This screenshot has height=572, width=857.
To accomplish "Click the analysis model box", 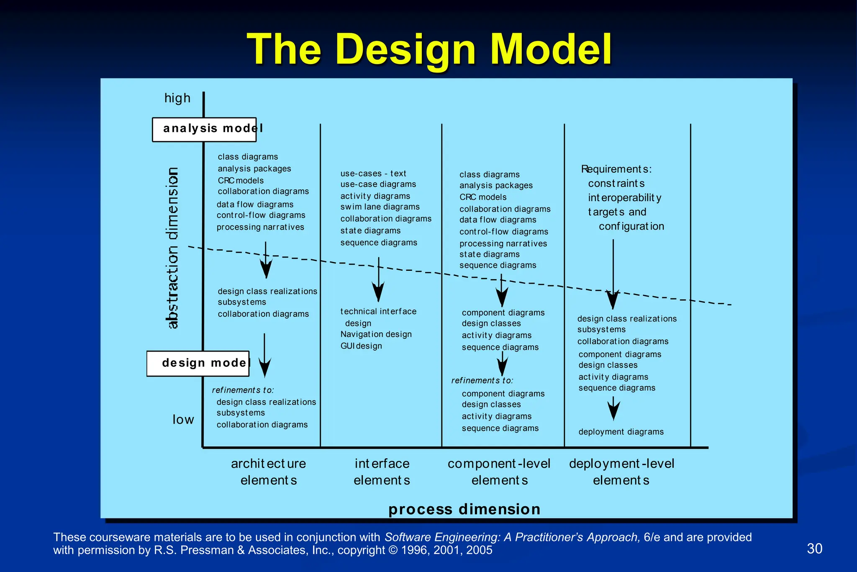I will (204, 129).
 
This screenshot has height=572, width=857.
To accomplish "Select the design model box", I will (198, 363).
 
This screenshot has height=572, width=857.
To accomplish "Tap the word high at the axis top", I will (177, 98).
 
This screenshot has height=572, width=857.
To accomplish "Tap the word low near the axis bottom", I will (183, 419).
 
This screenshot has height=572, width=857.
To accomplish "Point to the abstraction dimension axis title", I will (172, 248).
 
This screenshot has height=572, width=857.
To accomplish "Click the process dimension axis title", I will (464, 509).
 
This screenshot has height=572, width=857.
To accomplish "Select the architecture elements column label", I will (268, 472).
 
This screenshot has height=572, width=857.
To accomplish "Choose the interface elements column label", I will (382, 472).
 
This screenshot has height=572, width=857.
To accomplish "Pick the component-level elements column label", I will (499, 472).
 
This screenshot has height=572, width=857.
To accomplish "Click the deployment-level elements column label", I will (621, 472).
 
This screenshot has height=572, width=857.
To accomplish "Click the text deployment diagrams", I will (621, 432).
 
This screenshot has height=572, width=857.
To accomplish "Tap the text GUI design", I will (361, 346).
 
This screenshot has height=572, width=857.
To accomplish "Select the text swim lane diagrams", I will (380, 207).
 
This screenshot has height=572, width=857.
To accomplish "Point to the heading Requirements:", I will (616, 169).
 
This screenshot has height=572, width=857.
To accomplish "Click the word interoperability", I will (624, 198).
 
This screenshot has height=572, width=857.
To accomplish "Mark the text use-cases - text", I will (373, 173).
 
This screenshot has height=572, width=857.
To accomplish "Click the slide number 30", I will (814, 549).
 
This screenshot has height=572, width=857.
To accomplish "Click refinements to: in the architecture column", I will (243, 390).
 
